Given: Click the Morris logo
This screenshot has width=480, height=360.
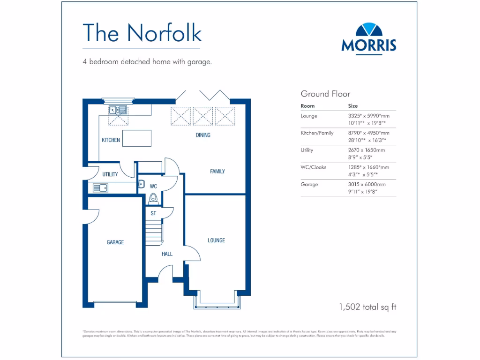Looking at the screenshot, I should (x=369, y=38).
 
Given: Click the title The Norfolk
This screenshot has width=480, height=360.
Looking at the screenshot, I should (x=142, y=32).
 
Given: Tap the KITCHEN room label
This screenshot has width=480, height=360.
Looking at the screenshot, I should (x=111, y=140).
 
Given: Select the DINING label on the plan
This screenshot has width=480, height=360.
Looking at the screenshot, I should (x=203, y=135).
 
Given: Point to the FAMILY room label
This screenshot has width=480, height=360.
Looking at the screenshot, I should (x=217, y=172).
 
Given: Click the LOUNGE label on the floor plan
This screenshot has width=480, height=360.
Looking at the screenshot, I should (x=216, y=240).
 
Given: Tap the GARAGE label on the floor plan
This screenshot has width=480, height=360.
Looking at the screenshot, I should (x=115, y=242).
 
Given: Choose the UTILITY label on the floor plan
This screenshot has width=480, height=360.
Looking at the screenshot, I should (x=110, y=174).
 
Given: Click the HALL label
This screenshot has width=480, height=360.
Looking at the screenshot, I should (x=167, y=254).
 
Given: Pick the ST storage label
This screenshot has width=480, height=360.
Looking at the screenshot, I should (x=153, y=213).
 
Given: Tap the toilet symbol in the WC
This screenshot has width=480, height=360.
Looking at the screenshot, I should (x=152, y=199).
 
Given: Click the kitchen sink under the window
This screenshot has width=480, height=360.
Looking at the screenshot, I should (x=118, y=110).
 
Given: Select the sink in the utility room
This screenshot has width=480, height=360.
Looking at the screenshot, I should (x=100, y=188).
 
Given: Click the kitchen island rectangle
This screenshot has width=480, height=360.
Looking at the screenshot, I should (x=137, y=138).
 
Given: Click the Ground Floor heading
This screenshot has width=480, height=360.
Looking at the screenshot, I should (x=325, y=94).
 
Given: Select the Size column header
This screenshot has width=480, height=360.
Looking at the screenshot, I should (x=353, y=106).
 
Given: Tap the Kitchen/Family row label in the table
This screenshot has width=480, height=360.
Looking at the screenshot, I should (x=317, y=133).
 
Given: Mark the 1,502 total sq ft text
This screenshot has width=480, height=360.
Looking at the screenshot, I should (x=367, y=307).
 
